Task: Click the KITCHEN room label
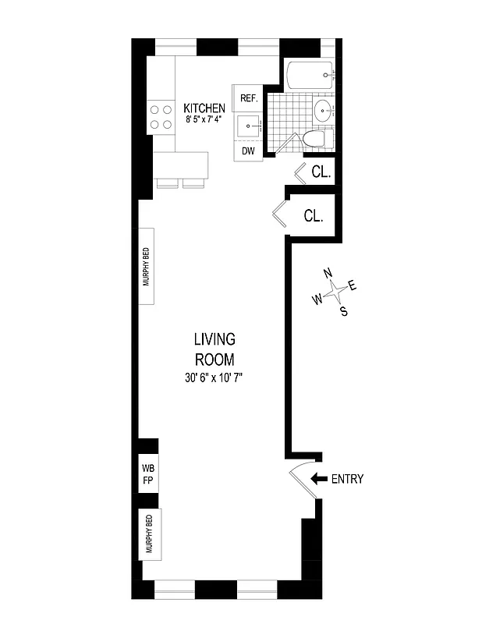point(204,108)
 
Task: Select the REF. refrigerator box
point(249,97)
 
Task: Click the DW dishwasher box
point(248,151)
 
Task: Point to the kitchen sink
point(249,125)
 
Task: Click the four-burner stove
point(161,117)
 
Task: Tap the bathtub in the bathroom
point(311,76)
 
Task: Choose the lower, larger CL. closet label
point(314,216)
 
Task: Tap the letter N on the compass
point(328,274)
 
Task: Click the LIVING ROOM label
point(214,349)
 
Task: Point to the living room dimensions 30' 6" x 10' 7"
point(214,378)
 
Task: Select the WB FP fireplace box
point(147,474)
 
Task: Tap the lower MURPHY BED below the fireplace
point(147,534)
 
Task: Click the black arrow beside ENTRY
point(318,479)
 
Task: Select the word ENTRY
point(347,479)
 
